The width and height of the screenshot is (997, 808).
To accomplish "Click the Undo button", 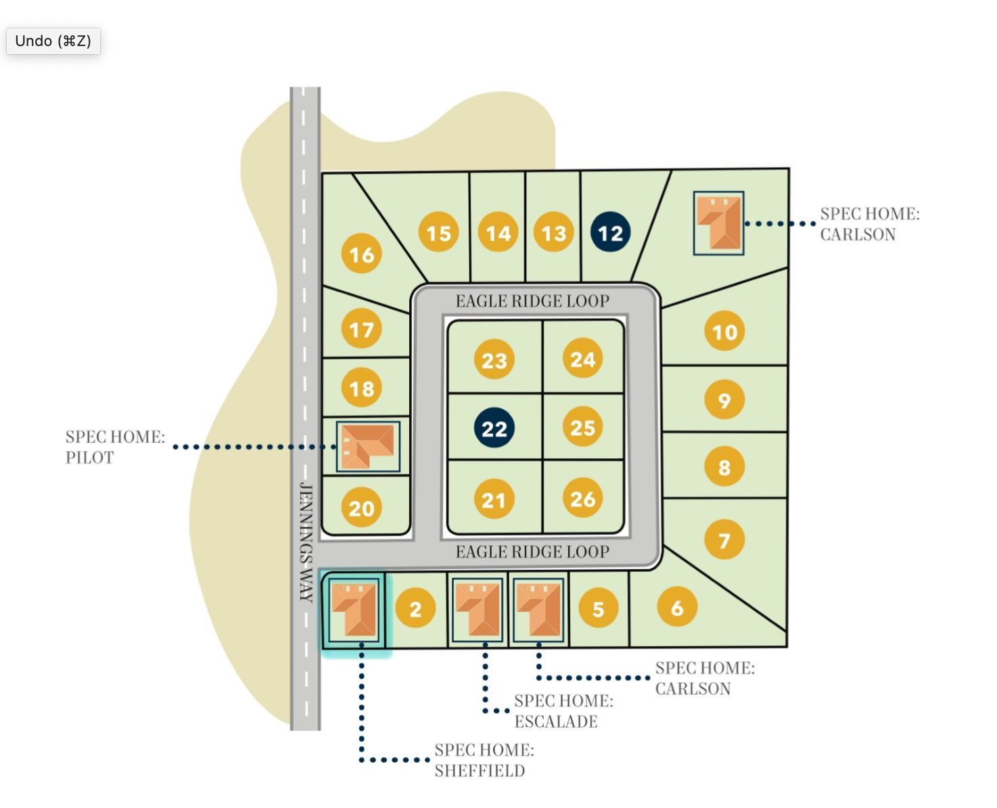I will tap(53, 41).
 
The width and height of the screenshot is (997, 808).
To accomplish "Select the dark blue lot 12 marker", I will tap(610, 233).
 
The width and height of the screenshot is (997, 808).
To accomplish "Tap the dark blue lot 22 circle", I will tap(494, 428).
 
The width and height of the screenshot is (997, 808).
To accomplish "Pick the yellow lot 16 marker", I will tap(361, 254).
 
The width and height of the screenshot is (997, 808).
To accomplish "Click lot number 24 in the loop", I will tap(582, 359).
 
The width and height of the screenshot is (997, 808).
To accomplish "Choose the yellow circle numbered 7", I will tap(724, 540).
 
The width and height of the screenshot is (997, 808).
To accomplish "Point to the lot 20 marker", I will tap(361, 508).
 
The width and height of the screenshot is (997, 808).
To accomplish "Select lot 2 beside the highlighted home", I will tap(415, 608).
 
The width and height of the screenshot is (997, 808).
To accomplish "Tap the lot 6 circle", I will tap(676, 607).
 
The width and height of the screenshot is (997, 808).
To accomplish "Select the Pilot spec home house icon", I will tap(367, 446).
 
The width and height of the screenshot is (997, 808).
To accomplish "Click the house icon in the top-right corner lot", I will tap(718, 223).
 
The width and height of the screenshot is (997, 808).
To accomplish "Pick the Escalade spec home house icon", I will tap(478, 608).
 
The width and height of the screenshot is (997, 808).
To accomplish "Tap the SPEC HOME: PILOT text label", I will tap(115, 447).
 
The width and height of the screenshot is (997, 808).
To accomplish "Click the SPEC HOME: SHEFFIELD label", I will tap(484, 760).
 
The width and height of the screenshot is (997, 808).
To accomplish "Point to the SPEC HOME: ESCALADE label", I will tap(563, 711).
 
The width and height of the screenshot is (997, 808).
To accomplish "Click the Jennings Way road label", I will tap(306, 542).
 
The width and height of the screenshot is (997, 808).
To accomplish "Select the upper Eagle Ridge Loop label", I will tap(532, 301).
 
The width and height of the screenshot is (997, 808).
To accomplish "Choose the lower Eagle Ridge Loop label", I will tap(532, 552).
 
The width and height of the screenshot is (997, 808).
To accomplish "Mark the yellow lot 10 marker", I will tap(724, 332).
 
